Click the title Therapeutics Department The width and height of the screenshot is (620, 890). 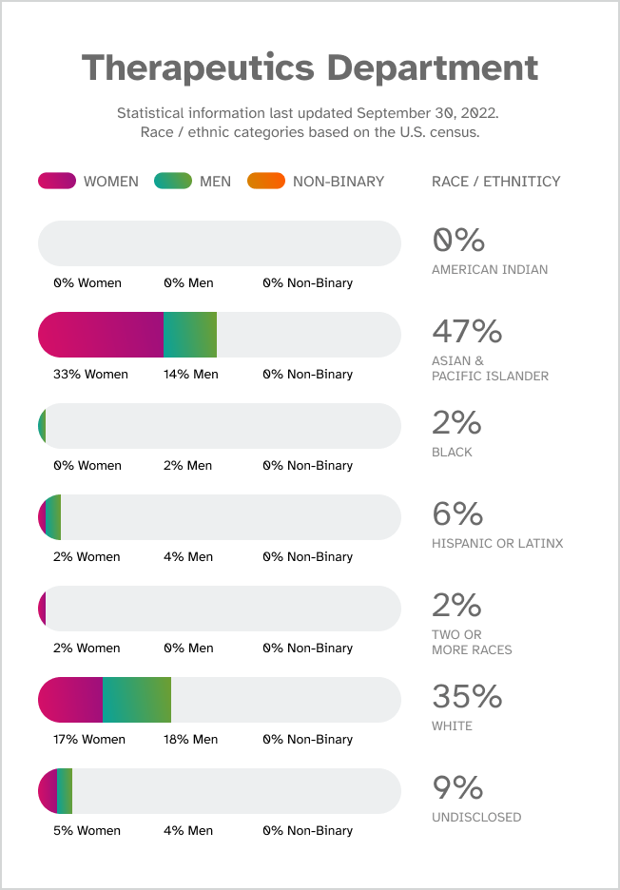[x=310, y=68]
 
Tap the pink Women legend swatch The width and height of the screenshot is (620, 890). [x=57, y=181]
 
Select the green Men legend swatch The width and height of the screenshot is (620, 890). [x=173, y=181]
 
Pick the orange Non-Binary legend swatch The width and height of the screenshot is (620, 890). [x=265, y=181]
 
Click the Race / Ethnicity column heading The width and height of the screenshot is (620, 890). [x=495, y=182]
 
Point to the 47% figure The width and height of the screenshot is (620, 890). [x=467, y=331]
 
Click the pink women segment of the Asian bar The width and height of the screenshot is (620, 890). [x=101, y=335]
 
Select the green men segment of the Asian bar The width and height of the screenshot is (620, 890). [x=190, y=335]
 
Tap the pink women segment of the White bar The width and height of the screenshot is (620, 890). [x=70, y=700]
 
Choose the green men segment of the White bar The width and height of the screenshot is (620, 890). [x=137, y=700]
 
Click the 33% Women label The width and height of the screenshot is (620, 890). [x=90, y=375]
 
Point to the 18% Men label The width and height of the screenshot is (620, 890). [x=190, y=740]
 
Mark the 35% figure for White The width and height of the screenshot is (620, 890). [x=467, y=696]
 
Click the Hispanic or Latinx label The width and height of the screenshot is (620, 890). [x=497, y=544]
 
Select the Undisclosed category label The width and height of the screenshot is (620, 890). [x=476, y=818]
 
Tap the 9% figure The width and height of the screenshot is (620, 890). [x=457, y=787]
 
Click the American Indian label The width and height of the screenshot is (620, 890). [x=490, y=270]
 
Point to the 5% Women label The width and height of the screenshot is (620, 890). [x=87, y=831]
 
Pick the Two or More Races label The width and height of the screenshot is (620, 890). [x=472, y=643]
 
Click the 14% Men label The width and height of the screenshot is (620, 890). [x=190, y=375]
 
